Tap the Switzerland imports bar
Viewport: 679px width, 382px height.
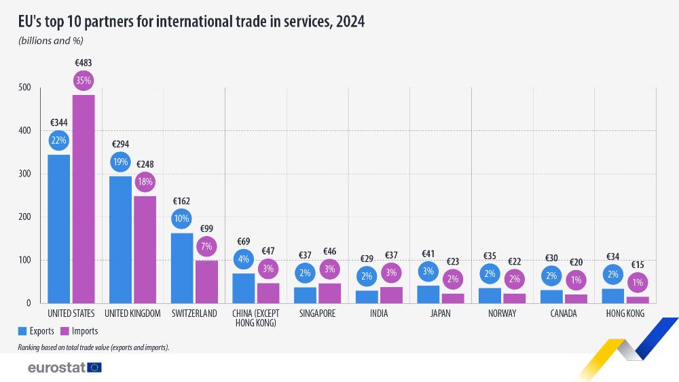206,282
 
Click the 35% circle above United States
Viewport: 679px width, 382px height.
84,79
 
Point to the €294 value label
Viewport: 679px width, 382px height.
120,144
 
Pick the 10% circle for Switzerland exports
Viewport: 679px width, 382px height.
182,218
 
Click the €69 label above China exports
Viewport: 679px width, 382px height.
243,242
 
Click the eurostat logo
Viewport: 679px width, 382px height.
65,367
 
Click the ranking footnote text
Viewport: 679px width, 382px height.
94,347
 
